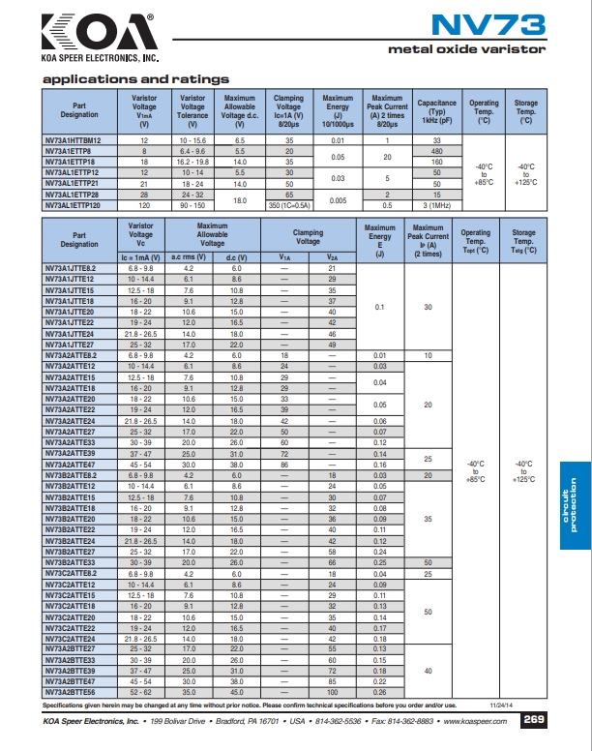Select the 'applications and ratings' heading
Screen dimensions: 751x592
[136, 78]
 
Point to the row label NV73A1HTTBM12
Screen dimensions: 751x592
[79, 140]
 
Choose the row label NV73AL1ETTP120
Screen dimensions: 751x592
[79, 206]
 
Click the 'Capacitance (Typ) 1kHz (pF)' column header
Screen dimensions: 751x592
[436, 112]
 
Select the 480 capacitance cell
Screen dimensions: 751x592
[436, 151]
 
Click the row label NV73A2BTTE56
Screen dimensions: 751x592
[79, 692]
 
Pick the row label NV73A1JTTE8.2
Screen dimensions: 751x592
[79, 267]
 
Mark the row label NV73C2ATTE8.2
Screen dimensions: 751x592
[79, 573]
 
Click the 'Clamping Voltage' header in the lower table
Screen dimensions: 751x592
[309, 237]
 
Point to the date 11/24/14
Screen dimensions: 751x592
[501, 706]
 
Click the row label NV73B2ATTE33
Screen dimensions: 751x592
[79, 562]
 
